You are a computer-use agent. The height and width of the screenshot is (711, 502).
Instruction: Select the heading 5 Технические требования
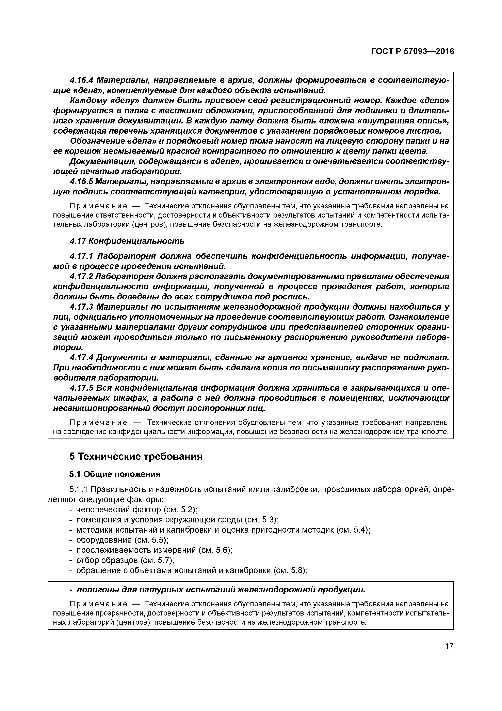tap(136, 456)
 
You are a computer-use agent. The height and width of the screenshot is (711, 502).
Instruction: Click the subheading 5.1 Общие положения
tap(115, 474)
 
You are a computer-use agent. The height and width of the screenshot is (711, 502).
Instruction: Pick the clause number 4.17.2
tap(81, 276)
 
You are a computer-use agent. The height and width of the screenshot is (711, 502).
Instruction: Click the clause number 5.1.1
tap(79, 489)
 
